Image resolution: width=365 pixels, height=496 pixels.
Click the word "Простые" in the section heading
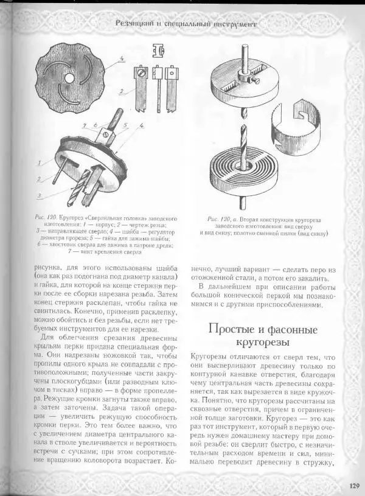(232, 329)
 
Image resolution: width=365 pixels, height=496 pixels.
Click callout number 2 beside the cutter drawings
(122, 91)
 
